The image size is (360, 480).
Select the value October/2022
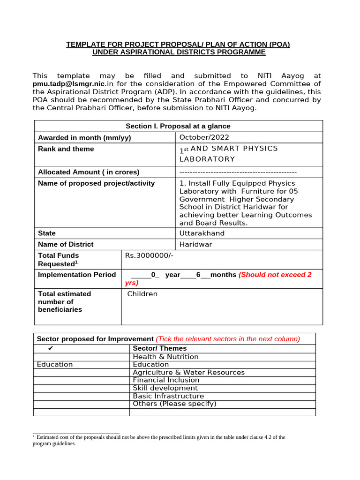point(204,137)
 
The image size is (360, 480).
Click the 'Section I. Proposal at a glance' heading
point(178,126)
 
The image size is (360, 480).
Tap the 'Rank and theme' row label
point(66,149)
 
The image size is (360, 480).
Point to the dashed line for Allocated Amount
point(238,172)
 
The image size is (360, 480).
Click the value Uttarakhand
point(202,233)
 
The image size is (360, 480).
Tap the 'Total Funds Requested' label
point(58,260)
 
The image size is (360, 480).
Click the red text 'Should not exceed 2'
point(275,275)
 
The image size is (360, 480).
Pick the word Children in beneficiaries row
point(142,294)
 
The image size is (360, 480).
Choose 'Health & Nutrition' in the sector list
point(165,357)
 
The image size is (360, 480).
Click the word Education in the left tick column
point(55,365)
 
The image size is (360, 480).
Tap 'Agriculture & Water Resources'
point(188,373)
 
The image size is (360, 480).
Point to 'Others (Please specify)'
point(174,404)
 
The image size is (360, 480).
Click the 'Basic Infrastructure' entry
point(168,396)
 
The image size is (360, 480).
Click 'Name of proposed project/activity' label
point(96,183)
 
